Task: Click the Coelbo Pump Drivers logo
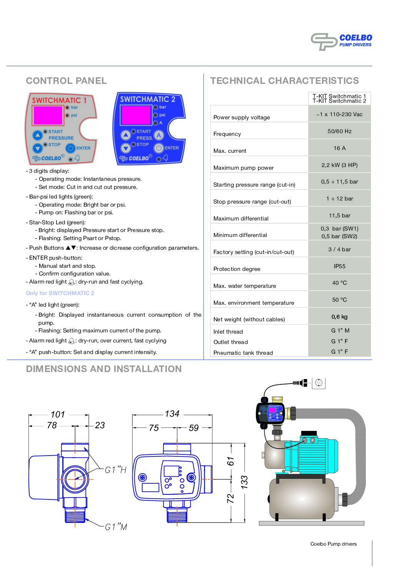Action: [x=341, y=41]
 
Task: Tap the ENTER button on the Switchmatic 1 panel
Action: [x=70, y=148]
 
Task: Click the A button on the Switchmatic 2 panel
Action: [x=158, y=135]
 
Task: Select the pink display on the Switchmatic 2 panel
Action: [x=136, y=115]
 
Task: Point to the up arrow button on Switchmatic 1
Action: [x=37, y=135]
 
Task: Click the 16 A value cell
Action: [x=339, y=148]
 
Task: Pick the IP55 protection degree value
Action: [x=339, y=266]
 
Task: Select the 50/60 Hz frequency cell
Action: [x=339, y=131]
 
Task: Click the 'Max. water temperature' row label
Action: [x=245, y=286]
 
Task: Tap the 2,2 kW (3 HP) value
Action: [x=339, y=165]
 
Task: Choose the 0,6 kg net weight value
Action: [x=339, y=317]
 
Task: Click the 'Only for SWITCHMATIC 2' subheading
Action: [x=60, y=293]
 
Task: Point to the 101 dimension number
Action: [x=58, y=414]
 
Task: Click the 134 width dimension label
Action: [x=172, y=414]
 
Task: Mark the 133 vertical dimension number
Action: [x=244, y=482]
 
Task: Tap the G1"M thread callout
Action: [x=116, y=527]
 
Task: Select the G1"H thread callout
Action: [x=115, y=470]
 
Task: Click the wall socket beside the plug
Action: [x=319, y=383]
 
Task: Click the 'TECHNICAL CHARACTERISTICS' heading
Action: [x=284, y=81]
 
